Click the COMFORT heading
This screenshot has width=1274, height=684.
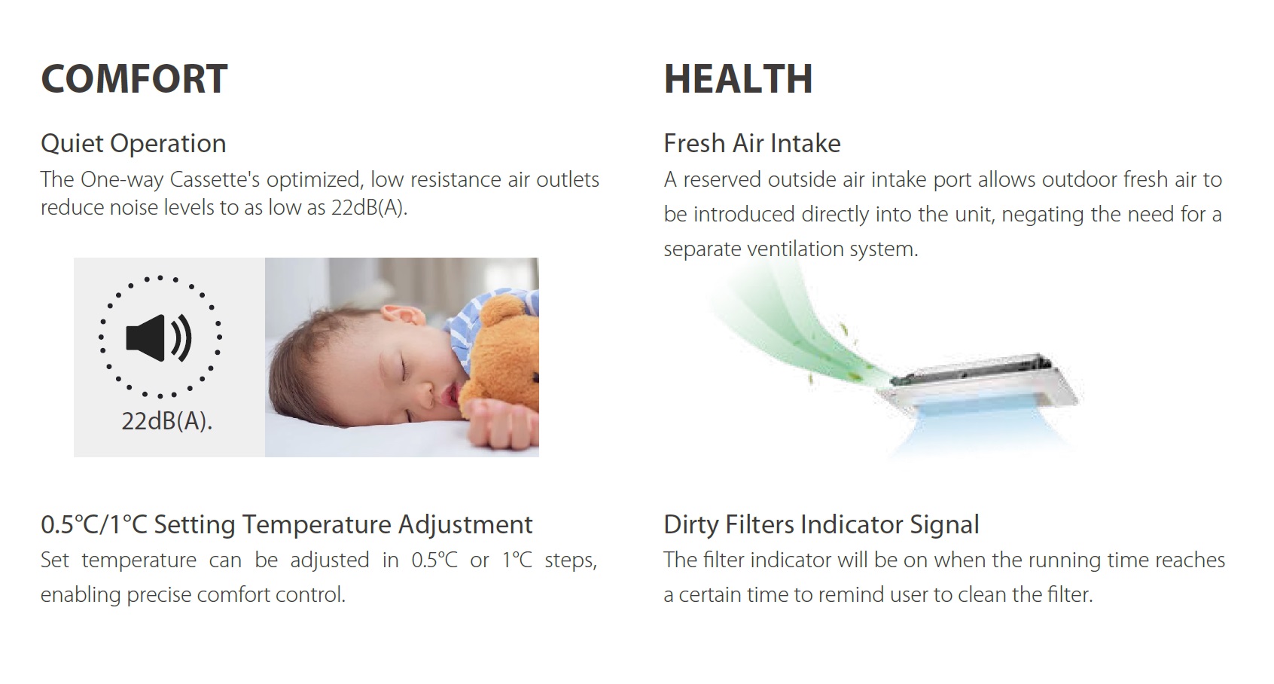tap(134, 78)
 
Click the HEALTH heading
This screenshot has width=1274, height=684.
tap(738, 78)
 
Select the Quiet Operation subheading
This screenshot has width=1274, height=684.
tap(133, 143)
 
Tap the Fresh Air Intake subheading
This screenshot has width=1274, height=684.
tap(752, 143)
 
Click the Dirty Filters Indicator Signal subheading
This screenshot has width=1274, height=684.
tap(821, 524)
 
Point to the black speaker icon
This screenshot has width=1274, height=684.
tap(159, 337)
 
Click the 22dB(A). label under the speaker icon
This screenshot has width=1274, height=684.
tap(166, 421)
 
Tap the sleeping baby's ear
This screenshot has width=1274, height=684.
tap(400, 315)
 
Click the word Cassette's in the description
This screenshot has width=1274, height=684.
tap(215, 180)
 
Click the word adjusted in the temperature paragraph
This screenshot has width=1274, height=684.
tap(329, 560)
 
